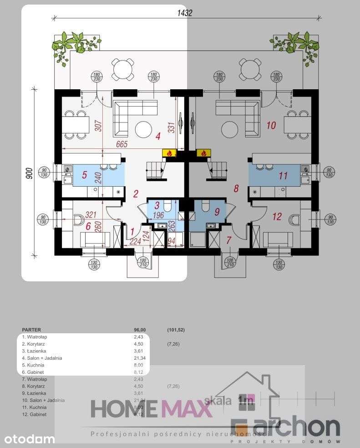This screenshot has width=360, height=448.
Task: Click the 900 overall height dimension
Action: pos(28,173)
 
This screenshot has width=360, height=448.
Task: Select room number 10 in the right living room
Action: pos(270,125)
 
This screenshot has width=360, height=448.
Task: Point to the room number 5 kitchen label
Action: pos(84,174)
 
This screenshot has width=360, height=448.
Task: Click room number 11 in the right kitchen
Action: pos(283,175)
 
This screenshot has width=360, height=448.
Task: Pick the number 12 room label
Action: pos(277,216)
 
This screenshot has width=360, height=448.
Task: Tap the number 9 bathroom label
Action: pos(217,211)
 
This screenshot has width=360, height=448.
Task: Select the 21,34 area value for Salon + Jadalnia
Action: pos(138,358)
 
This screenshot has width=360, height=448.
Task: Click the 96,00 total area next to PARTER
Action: pos(138,329)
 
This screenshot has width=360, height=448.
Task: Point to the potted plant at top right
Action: pos(296,43)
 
